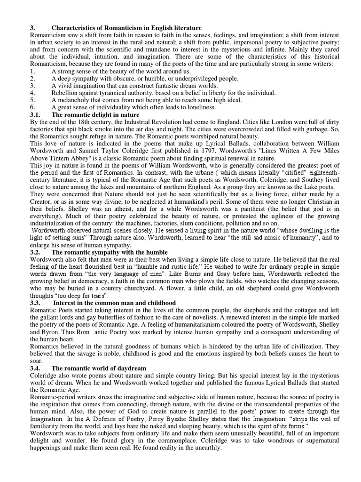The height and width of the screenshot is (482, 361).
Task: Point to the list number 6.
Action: pyautogui.click(x=32, y=107)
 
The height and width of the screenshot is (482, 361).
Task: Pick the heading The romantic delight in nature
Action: pyautogui.click(x=95, y=114)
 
